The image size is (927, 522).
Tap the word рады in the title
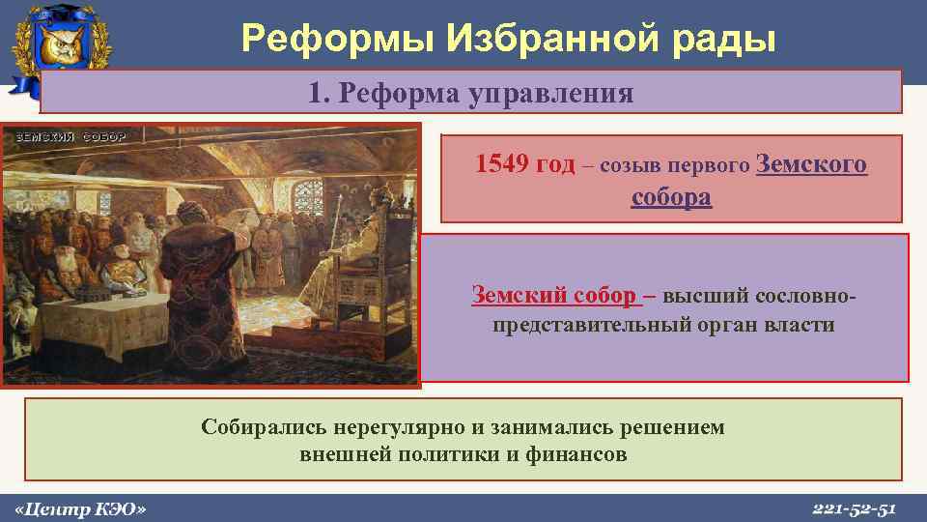tap(728, 38)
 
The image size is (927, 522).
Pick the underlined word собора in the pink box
tap(671, 197)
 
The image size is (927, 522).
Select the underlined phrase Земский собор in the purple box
tap(553, 295)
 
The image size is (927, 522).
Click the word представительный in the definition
tap(592, 324)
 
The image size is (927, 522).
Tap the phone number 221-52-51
tap(855, 507)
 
